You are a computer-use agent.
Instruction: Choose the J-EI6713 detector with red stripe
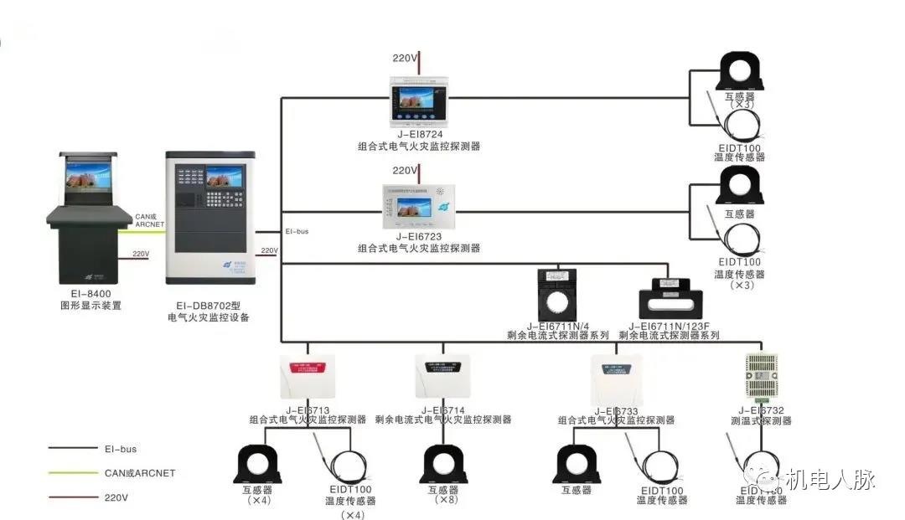coord(307,375)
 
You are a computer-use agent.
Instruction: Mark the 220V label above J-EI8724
coord(406,59)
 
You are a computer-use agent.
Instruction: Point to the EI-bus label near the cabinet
coord(297,231)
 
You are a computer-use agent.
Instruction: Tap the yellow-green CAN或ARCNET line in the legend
coord(73,473)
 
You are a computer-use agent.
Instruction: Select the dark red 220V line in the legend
coord(73,497)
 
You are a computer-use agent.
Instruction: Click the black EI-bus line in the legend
coord(73,449)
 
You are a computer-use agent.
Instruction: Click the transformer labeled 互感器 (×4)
coord(256,465)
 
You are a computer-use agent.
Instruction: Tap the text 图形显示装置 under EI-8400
coord(86,306)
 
